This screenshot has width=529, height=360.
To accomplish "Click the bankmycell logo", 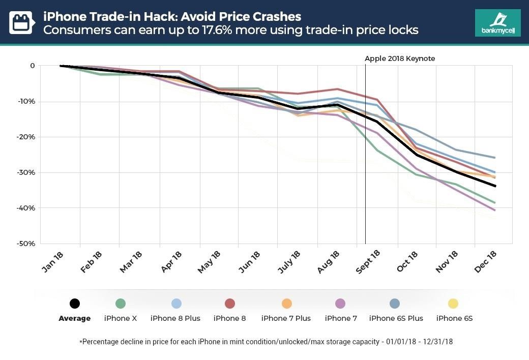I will [x=497, y=22].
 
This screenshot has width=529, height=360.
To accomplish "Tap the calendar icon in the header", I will [x=21, y=22].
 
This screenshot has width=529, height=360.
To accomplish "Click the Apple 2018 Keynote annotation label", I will [x=400, y=58].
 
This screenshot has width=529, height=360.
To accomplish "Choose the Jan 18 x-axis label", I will [x=53, y=261].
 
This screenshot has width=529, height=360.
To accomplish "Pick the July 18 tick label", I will [x=289, y=262].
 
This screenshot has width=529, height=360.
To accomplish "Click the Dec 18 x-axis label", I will [x=486, y=261].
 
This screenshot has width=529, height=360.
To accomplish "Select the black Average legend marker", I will [x=74, y=304].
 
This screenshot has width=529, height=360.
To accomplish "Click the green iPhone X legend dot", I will [x=121, y=304].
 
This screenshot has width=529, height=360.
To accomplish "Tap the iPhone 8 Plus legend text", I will [x=175, y=318].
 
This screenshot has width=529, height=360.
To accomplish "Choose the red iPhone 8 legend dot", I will [x=229, y=304].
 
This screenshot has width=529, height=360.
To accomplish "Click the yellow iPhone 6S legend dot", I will [x=453, y=304].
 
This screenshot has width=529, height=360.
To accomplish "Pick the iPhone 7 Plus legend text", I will [x=286, y=318].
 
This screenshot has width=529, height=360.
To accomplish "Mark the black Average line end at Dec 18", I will [x=495, y=186].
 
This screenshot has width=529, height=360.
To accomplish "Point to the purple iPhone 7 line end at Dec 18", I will [x=495, y=209].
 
